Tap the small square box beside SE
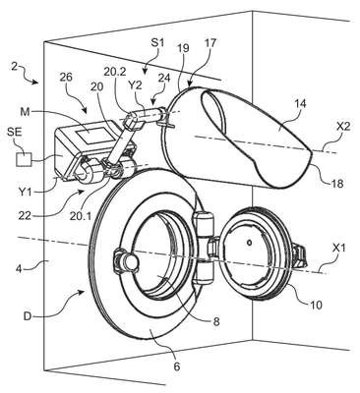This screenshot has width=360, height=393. (25, 159)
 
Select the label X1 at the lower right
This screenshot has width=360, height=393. (339, 250)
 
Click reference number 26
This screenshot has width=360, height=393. (67, 78)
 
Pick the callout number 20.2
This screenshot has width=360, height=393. (114, 71)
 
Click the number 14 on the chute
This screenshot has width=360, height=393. (300, 104)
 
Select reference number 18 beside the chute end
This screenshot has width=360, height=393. (337, 184)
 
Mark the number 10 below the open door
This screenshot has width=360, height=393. (316, 305)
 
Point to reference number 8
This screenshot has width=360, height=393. (216, 321)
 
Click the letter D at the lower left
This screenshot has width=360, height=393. (29, 316)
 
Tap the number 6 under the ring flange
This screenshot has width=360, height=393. (177, 366)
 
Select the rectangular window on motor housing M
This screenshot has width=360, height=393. (88, 135)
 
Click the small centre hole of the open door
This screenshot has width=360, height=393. (250, 243)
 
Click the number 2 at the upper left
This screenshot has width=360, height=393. (14, 67)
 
